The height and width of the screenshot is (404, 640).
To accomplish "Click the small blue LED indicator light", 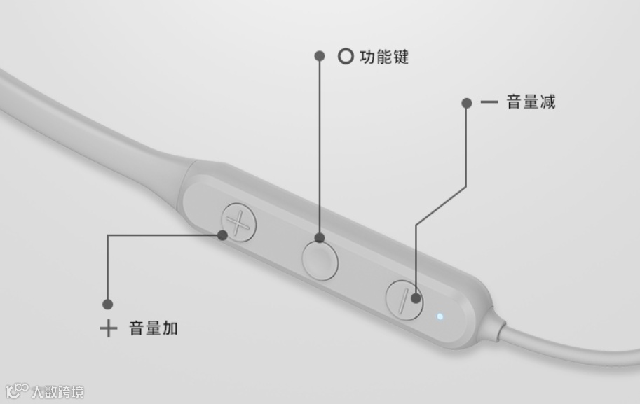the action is [440, 316].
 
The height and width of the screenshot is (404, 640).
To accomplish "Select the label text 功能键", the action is [383, 57].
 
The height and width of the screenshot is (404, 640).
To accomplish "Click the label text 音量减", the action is [531, 102].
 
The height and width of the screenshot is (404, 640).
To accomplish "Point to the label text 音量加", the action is [153, 328].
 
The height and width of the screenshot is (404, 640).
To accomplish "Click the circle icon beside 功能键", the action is [345, 56].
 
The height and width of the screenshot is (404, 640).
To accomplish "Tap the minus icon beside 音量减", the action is [489, 102].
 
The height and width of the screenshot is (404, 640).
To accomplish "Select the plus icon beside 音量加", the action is [108, 328].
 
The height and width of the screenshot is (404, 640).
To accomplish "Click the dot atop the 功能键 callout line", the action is [320, 55].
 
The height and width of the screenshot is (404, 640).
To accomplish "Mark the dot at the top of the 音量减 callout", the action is [467, 103].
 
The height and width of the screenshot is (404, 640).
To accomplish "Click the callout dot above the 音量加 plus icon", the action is [107, 305].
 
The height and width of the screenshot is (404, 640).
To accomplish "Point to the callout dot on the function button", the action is [320, 238].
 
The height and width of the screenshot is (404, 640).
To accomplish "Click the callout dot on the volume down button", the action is [416, 298].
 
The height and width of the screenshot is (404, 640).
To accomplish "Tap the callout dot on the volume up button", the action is [223, 235].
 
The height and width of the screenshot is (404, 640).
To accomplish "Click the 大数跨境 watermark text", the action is [57, 391].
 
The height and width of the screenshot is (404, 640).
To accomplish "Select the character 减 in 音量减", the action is [547, 102].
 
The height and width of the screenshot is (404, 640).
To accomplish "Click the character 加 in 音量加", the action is [170, 328].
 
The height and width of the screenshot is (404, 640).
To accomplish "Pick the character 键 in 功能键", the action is [400, 57].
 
